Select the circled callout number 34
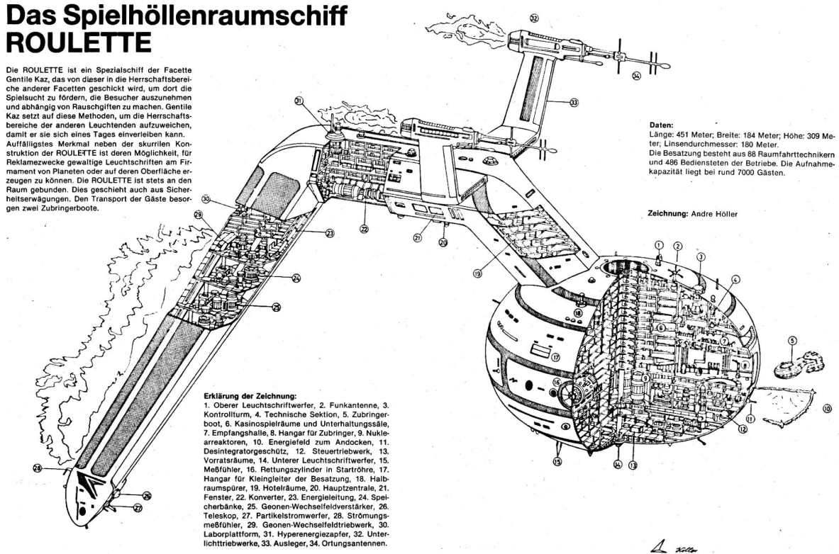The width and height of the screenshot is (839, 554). (x=636, y=74)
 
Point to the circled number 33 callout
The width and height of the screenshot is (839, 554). (x=573, y=102)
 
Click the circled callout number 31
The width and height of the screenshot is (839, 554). (x=299, y=102)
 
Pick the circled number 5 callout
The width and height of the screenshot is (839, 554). (x=792, y=340)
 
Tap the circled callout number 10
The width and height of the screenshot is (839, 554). (x=826, y=408)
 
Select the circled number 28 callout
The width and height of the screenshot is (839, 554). (x=37, y=467)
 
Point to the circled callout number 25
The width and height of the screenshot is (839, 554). (x=276, y=307)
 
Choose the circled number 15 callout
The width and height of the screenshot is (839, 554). (x=557, y=461)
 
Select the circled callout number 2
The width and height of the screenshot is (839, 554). (x=677, y=247)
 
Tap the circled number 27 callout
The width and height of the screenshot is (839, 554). (x=138, y=507)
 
